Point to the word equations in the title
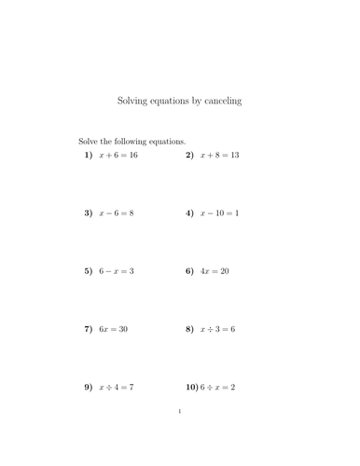(173, 101)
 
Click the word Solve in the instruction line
(90, 141)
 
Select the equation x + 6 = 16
(118, 155)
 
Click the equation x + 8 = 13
(220, 155)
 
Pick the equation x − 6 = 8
(117, 212)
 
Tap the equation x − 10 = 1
(220, 212)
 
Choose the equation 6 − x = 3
(117, 271)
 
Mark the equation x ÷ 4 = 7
(117, 387)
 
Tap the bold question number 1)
(89, 155)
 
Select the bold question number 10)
(193, 387)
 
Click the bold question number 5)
(89, 271)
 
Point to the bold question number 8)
(189, 329)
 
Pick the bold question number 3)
(89, 212)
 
